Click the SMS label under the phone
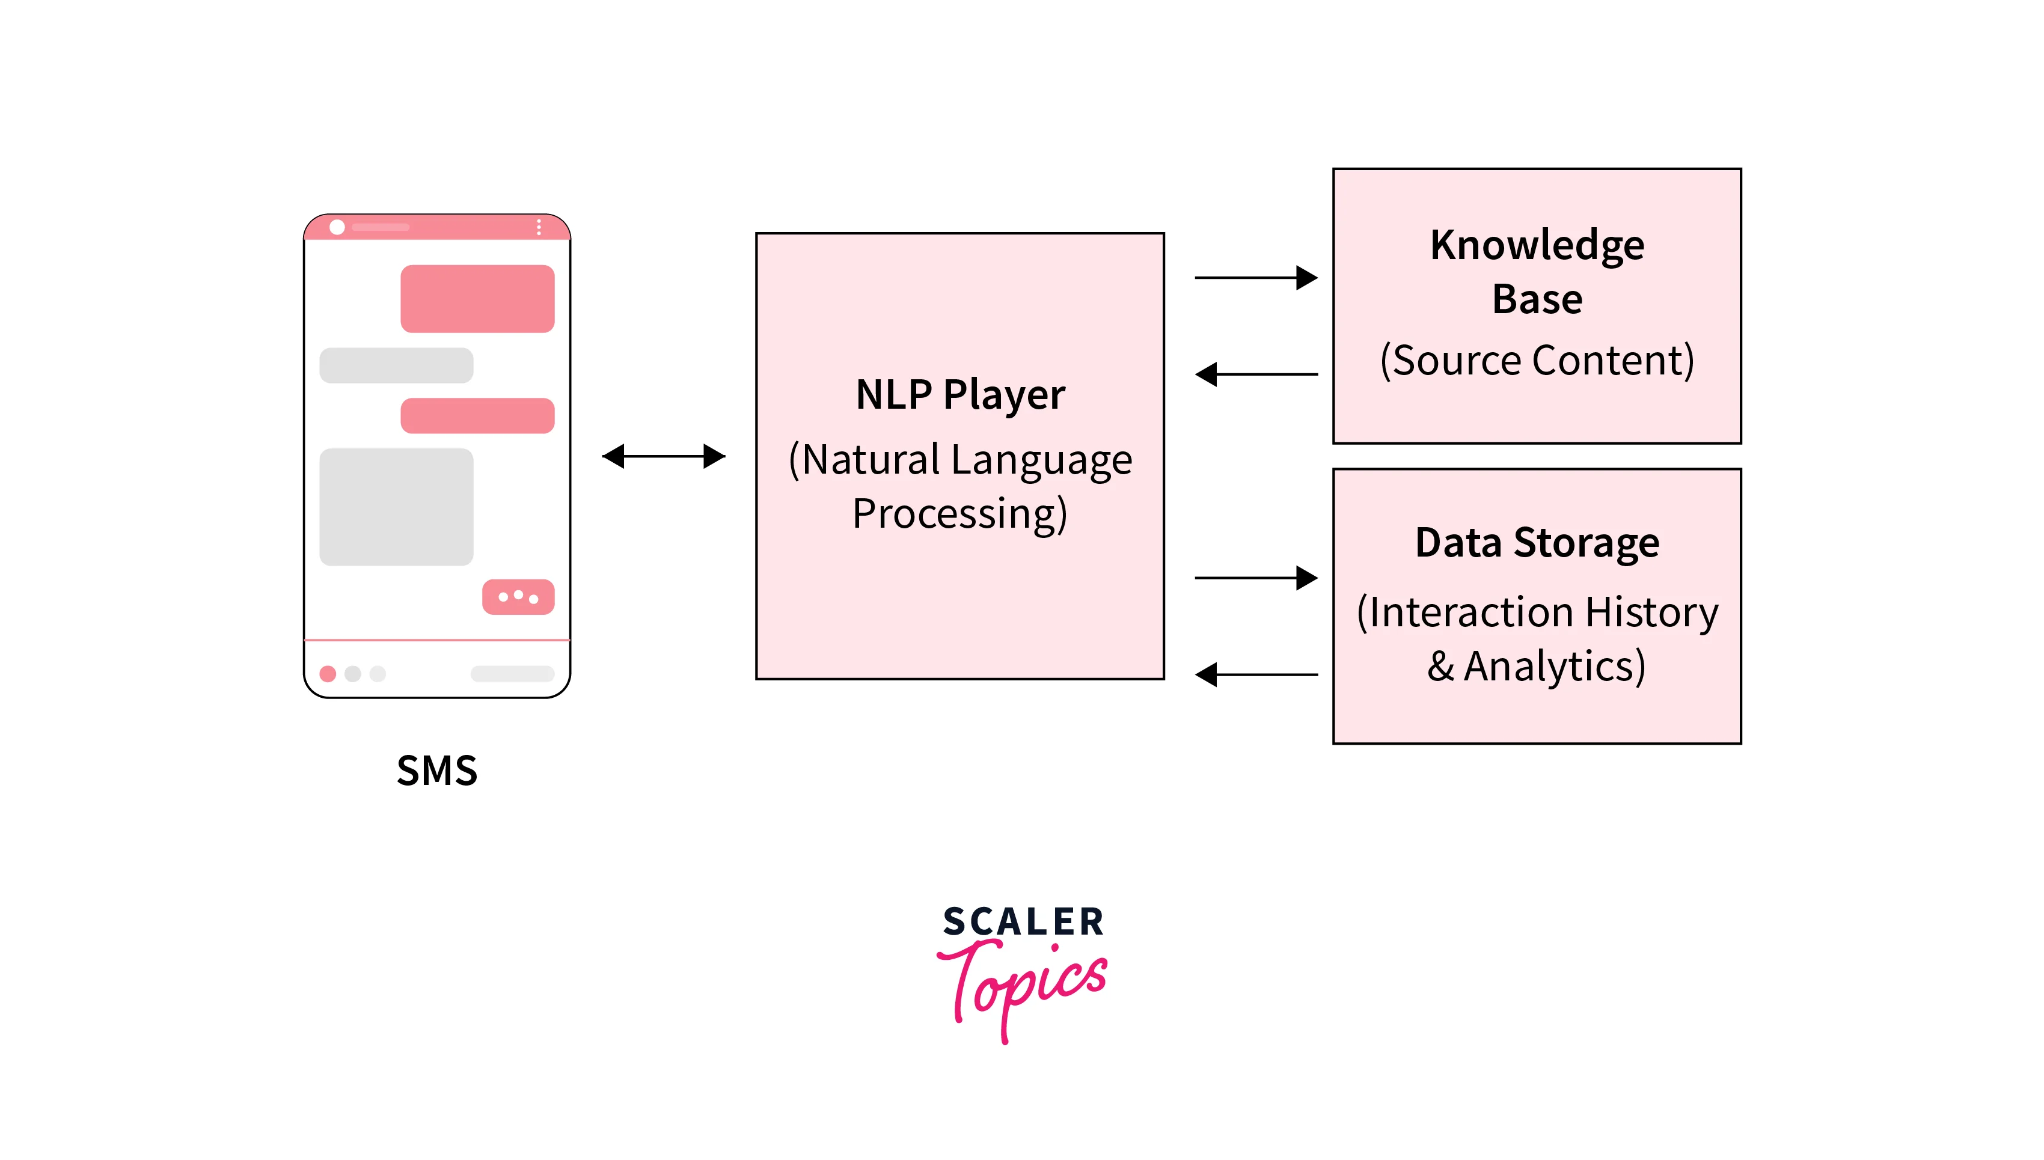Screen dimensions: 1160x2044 coord(436,771)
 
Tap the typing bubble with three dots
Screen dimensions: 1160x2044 coord(518,597)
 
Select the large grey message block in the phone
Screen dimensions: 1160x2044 coord(396,507)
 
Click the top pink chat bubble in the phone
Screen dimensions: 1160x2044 coord(477,299)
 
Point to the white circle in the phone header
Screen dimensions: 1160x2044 coord(337,227)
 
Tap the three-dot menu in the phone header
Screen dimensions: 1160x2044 coord(539,227)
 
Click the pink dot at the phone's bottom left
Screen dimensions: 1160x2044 coord(328,674)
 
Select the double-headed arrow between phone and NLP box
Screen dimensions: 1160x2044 coord(663,457)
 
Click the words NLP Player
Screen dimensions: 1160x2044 coord(959,394)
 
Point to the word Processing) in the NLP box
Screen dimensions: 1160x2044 coord(959,514)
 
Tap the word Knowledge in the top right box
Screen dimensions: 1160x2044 coord(1537,245)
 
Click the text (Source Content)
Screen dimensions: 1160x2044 coord(1537,360)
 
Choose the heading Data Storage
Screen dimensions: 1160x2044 coord(1537,543)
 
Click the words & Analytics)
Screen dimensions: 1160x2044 coord(1537,666)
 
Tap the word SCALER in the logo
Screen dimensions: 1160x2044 coord(1023,922)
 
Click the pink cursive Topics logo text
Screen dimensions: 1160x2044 coord(1028,984)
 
